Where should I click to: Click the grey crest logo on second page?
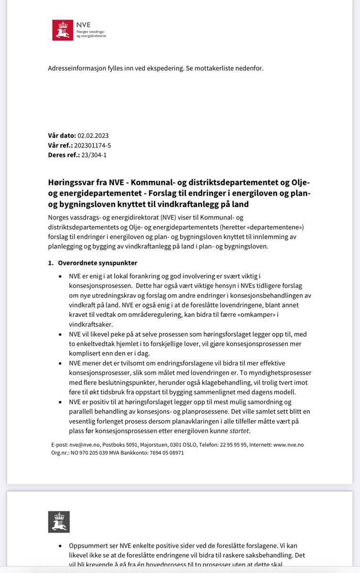point(59,522)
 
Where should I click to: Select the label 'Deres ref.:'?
point(63,155)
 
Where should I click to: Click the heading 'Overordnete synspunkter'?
point(97,263)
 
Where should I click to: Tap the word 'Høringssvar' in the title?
point(69,183)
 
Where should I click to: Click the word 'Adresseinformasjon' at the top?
point(79,68)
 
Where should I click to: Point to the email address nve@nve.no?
point(84,445)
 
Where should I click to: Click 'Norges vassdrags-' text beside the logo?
point(91,30)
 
